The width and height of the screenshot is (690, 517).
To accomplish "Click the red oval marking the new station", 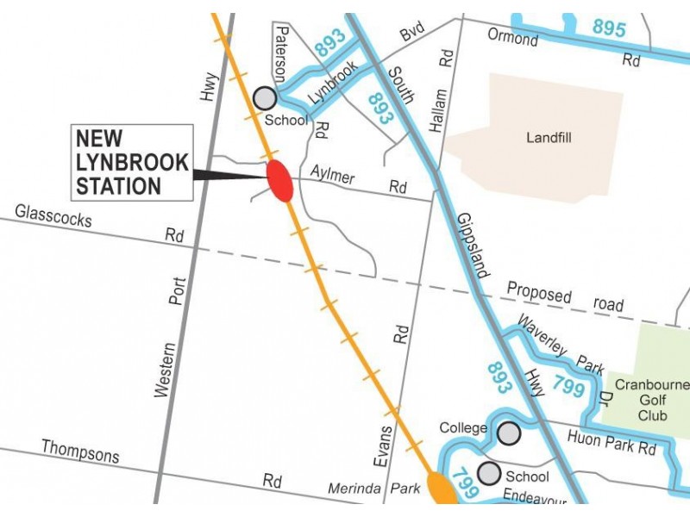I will pyautogui.click(x=279, y=180).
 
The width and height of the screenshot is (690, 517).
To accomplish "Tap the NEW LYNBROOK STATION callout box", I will pyautogui.click(x=132, y=163).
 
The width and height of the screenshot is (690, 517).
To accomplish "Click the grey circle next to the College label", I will pyautogui.click(x=510, y=433).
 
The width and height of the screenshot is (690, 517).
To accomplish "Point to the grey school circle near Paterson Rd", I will pyautogui.click(x=265, y=97).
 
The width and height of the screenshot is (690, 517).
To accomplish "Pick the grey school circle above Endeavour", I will pyautogui.click(x=489, y=473).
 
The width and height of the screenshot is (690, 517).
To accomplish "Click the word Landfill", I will pyautogui.click(x=549, y=137).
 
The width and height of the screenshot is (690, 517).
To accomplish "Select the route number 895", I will pyautogui.click(x=609, y=28).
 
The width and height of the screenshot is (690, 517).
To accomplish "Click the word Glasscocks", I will pyautogui.click(x=53, y=216).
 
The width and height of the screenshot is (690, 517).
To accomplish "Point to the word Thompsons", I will pyautogui.click(x=80, y=452).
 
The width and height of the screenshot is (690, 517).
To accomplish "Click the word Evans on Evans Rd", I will pyautogui.click(x=385, y=445).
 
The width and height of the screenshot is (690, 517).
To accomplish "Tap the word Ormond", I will pyautogui.click(x=512, y=38).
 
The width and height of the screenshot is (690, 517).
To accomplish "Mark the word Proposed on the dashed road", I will pyautogui.click(x=539, y=293).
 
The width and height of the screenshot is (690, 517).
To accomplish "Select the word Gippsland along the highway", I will pyautogui.click(x=473, y=245).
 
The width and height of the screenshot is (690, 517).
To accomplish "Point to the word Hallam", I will pyautogui.click(x=440, y=108).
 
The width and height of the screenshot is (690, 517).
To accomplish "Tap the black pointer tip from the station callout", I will pyautogui.click(x=263, y=178).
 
